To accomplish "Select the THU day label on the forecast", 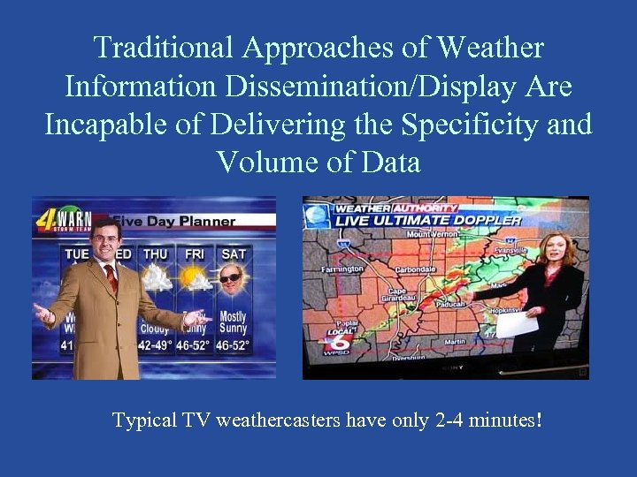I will point(155,254).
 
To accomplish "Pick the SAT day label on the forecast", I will point(234,254).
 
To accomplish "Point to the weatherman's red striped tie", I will point(111,277).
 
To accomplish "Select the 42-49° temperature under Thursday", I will point(157,344).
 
